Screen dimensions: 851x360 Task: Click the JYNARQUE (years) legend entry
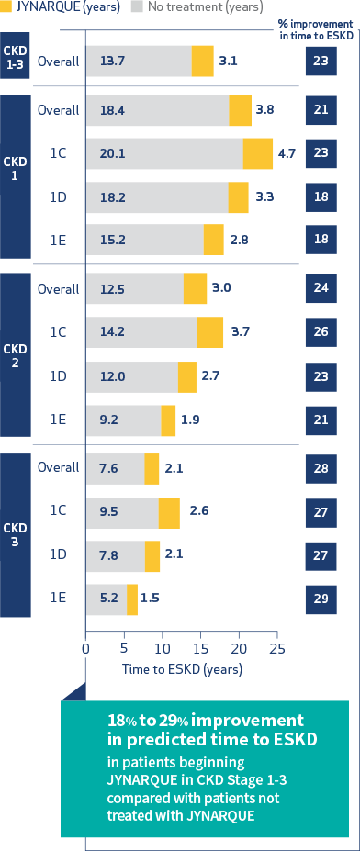[x=60, y=7]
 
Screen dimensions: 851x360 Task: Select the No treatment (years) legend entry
[x=207, y=7]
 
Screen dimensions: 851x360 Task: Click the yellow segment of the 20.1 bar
[x=258, y=154]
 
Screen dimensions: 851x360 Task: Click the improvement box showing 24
[x=321, y=287]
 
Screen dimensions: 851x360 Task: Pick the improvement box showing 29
[x=321, y=599]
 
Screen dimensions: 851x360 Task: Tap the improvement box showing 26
[x=321, y=332]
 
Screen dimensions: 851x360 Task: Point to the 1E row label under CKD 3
[x=58, y=598]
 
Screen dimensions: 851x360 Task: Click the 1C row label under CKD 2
[x=58, y=332]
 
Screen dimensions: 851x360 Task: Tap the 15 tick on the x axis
[x=200, y=647]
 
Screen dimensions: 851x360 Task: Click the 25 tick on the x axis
[x=276, y=647]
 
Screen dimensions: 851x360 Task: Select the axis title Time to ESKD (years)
[x=183, y=669]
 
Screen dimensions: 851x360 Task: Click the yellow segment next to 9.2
[x=168, y=420]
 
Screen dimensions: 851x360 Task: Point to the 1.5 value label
[x=151, y=599]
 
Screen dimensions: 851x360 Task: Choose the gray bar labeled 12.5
[x=135, y=288]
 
